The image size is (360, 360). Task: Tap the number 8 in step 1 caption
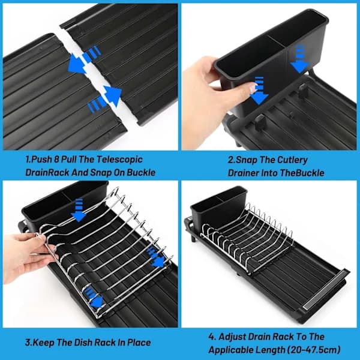56,160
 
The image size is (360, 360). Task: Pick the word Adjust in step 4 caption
232,337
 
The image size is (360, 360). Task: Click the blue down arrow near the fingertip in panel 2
259,91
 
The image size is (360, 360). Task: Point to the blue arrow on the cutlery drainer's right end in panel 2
300,59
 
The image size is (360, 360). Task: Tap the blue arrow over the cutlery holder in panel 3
79,211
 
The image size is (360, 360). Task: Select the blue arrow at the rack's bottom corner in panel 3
94,298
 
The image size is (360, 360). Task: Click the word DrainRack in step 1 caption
47,173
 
